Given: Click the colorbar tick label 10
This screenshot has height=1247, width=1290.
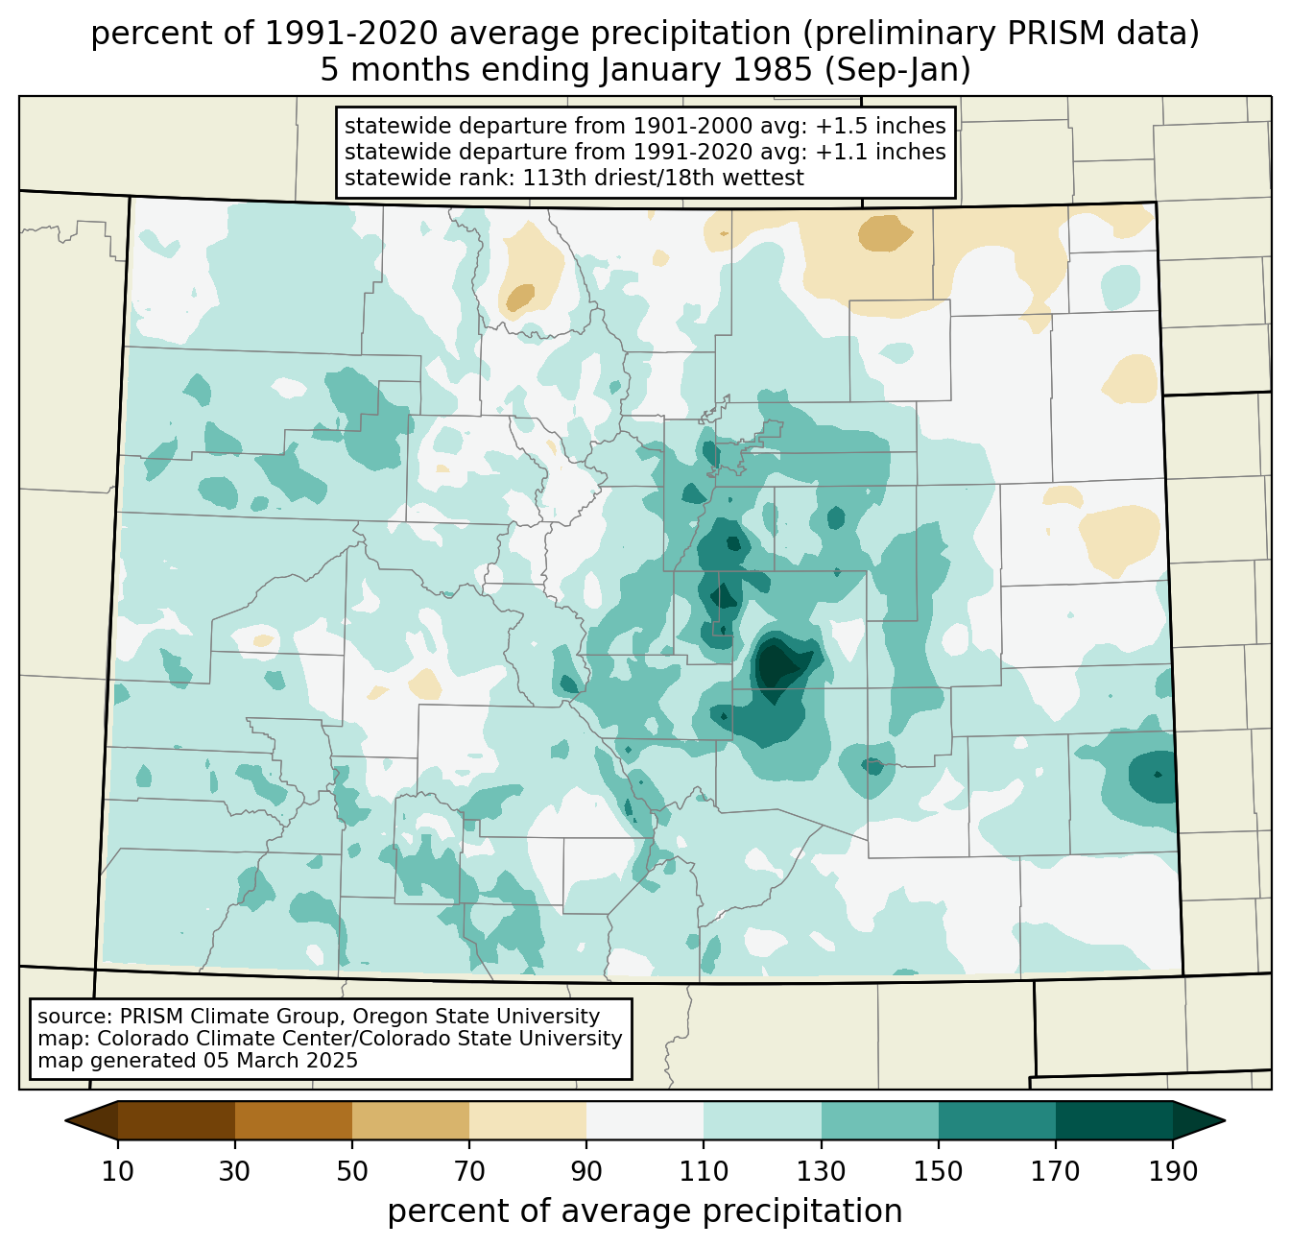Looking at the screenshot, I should [118, 1171].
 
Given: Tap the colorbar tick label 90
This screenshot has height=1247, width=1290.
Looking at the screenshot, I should [586, 1171].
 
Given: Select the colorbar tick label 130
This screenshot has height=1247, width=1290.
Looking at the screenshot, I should [822, 1171].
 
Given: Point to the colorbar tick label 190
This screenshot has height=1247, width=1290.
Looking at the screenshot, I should [1173, 1171].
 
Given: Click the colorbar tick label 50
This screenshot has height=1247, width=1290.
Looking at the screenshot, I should [352, 1171].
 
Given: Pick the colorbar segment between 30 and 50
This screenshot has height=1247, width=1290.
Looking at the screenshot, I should [294, 1120].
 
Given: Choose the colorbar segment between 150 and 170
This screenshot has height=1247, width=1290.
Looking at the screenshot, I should [997, 1120].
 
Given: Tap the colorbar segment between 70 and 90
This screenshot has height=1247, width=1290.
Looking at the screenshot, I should [528, 1120].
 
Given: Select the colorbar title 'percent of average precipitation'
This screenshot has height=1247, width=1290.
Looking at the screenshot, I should [645, 1211].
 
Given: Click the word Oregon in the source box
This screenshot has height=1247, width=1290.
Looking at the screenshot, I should [401, 1017].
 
